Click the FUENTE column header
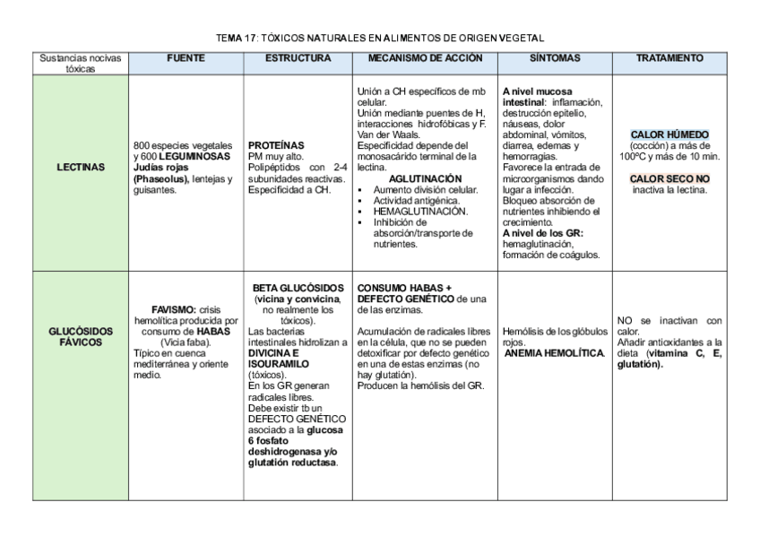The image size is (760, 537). point(186,58)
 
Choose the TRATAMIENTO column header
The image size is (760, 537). point(669,58)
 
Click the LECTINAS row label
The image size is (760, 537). point(80,166)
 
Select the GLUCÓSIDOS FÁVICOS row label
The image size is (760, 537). point(80,335)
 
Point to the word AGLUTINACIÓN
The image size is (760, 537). point(425,178)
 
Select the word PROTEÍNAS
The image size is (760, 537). point(276,144)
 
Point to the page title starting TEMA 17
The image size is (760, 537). point(381,38)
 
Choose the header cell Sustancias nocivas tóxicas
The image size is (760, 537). point(80,63)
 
